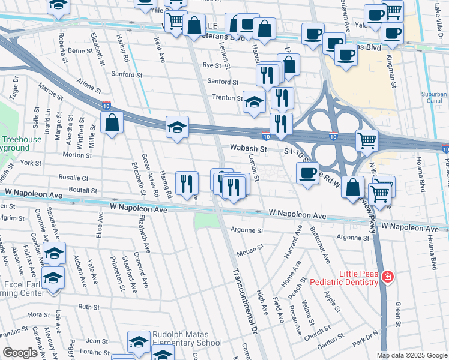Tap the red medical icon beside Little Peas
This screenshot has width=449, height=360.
pyautogui.click(x=388, y=276)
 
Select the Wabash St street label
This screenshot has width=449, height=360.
pyautogui.click(x=248, y=148)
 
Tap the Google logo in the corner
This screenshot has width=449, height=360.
pyautogui.click(x=20, y=353)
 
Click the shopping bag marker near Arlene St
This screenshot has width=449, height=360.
pyautogui.click(x=112, y=123)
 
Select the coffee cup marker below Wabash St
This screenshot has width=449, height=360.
pyautogui.click(x=307, y=173)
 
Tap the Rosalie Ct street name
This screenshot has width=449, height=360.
pyautogui.click(x=73, y=178)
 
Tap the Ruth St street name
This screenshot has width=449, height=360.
pyautogui.click(x=89, y=307)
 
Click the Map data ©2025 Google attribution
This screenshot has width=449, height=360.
pyautogui.click(x=412, y=355)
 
